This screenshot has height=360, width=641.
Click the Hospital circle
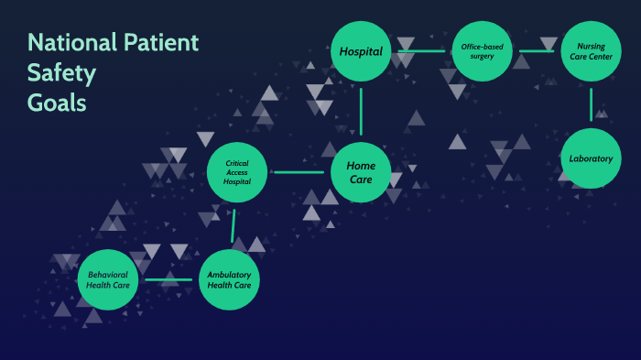pyautogui.click(x=361, y=51)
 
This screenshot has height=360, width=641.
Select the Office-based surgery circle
pyautogui.click(x=482, y=51)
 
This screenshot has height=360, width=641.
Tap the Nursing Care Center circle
pyautogui.click(x=590, y=51)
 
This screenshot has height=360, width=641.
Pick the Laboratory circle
pyautogui.click(x=591, y=158)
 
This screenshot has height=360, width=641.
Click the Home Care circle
pyautogui.click(x=361, y=172)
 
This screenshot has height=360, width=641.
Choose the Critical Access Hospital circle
pyautogui.click(x=236, y=172)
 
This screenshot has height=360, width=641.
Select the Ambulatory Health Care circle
pyautogui.click(x=230, y=278)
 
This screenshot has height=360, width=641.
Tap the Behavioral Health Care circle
pyautogui.click(x=108, y=278)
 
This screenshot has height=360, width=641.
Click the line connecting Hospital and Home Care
pyautogui.click(x=361, y=111)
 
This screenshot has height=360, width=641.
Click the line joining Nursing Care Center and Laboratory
pyautogui.click(x=591, y=104)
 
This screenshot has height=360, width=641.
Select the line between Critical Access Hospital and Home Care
pyautogui.click(x=299, y=172)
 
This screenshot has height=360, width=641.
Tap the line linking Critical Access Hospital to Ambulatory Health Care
pyautogui.click(x=234, y=225)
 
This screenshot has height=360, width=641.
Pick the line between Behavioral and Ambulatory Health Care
pyautogui.click(x=168, y=278)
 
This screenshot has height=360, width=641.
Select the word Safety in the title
pyautogui.click(x=61, y=73)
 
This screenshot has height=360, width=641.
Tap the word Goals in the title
pyautogui.click(x=57, y=103)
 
